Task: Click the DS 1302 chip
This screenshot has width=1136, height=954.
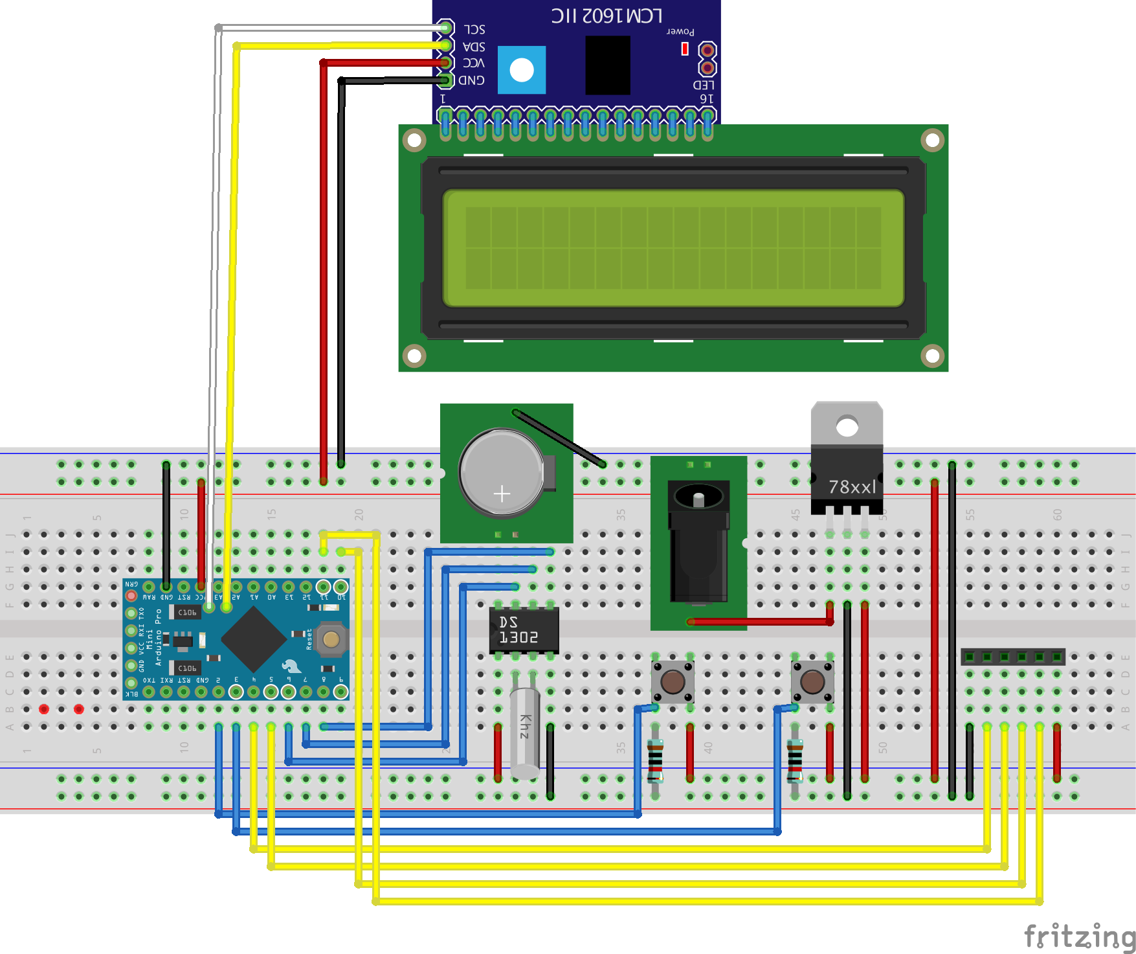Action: [x=524, y=630]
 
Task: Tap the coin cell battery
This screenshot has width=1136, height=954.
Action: [x=502, y=473]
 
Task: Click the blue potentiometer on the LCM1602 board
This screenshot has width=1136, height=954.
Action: [x=522, y=70]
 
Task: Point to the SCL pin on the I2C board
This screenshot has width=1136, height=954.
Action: [x=445, y=28]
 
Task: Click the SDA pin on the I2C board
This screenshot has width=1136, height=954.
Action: [x=445, y=45]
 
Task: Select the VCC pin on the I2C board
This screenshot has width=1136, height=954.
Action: [x=445, y=63]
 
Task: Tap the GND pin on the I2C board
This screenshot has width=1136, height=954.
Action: [x=445, y=80]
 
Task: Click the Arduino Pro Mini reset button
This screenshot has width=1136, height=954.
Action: [x=331, y=640]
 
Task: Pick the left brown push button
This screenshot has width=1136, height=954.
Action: [x=673, y=681]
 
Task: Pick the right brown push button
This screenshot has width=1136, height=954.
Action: [x=812, y=681]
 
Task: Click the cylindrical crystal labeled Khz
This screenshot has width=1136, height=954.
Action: [x=525, y=732]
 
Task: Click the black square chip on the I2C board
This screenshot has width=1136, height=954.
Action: [x=607, y=65]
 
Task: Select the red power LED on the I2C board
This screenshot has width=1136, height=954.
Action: [x=685, y=49]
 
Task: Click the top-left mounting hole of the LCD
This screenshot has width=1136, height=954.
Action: [x=414, y=140]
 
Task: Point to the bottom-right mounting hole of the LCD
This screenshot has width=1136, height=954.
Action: [x=932, y=356]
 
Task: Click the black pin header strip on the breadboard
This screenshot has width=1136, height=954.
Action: [x=1012, y=657]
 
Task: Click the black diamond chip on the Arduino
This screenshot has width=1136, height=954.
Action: [x=254, y=639]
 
